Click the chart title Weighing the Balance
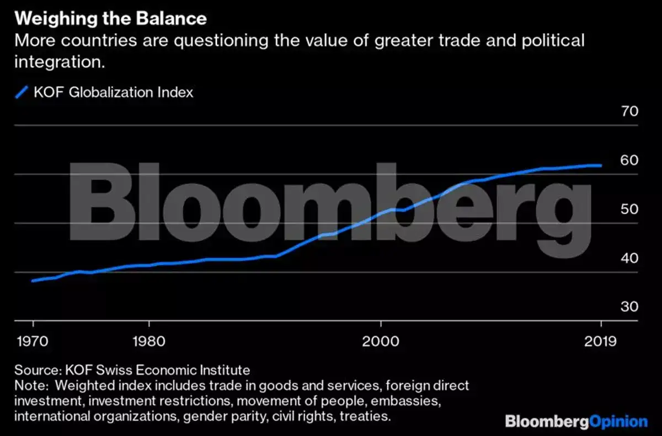[110, 19]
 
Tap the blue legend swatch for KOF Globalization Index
[22, 92]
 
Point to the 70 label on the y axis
[614, 111]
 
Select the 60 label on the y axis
[614, 161]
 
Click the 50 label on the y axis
[614, 210]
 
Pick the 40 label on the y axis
[614, 258]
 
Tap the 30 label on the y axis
[614, 307]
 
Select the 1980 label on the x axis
[148, 341]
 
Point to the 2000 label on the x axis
[380, 341]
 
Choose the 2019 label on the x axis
[600, 341]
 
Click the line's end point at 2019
[600, 166]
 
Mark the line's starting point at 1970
[33, 281]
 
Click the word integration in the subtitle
[58, 61]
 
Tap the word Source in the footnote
[34, 370]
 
